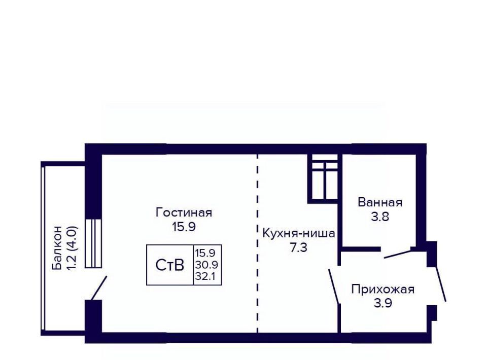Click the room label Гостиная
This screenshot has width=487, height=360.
[x=184, y=213]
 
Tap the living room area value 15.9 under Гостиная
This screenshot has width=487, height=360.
[x=184, y=227]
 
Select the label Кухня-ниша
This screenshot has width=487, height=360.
[x=299, y=233]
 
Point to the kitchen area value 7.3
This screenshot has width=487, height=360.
[x=298, y=247]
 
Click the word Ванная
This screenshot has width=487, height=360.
[x=380, y=202]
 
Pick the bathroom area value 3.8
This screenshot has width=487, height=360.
[x=380, y=217]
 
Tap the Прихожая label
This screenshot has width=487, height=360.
[x=383, y=289]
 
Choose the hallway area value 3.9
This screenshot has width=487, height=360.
[x=383, y=303]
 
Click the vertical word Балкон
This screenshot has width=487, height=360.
[x=57, y=248]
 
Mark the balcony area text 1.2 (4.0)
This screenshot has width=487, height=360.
[x=72, y=248]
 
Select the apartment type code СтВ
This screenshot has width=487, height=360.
[x=169, y=265]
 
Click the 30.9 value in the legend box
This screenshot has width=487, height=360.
[x=206, y=265]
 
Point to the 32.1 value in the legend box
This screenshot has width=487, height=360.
[x=205, y=276]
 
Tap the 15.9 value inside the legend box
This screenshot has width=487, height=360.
[x=205, y=253]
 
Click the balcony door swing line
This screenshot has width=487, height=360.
[x=99, y=288]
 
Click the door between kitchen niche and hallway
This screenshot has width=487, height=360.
[x=334, y=286]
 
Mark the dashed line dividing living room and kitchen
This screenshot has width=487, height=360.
[x=258, y=243]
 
